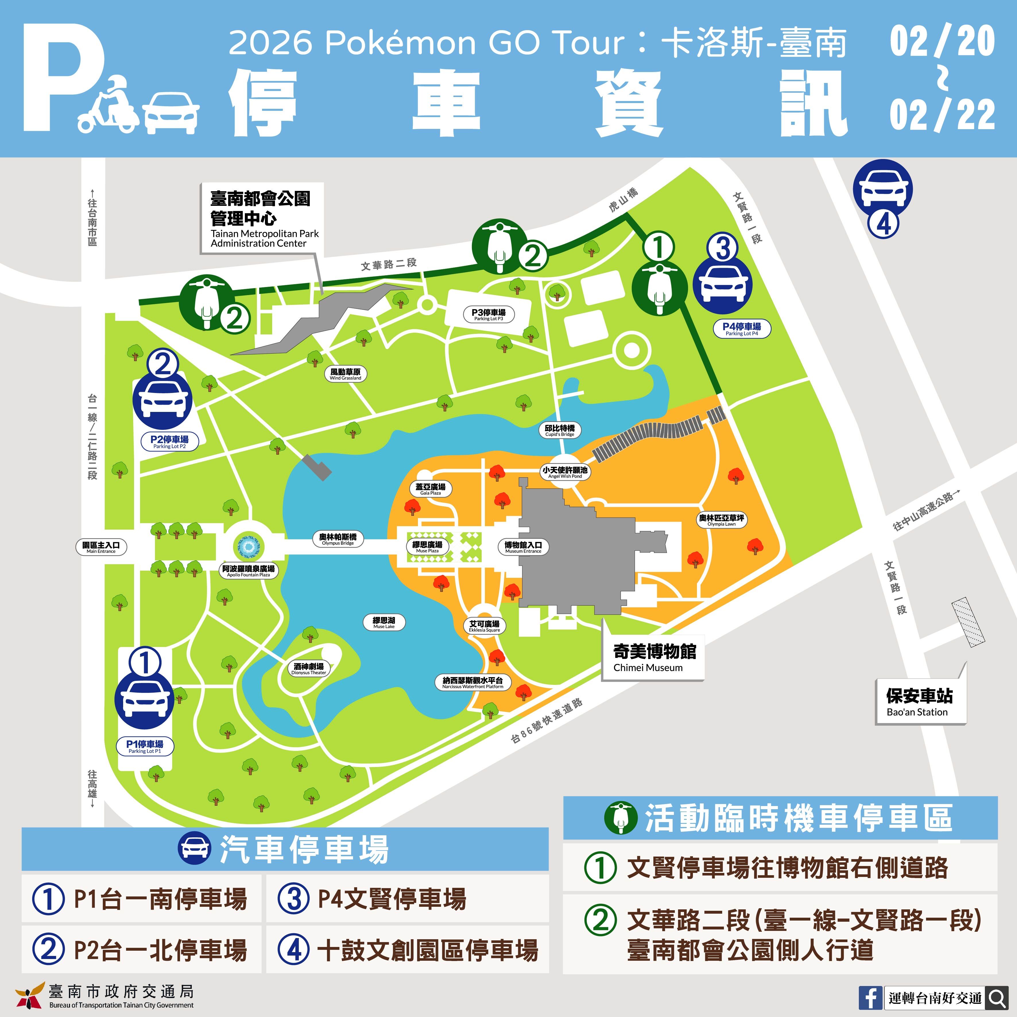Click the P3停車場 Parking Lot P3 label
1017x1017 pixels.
pos(488,314)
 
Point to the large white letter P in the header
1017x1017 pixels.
pos(62,84)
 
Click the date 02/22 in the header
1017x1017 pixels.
pos(942,115)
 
